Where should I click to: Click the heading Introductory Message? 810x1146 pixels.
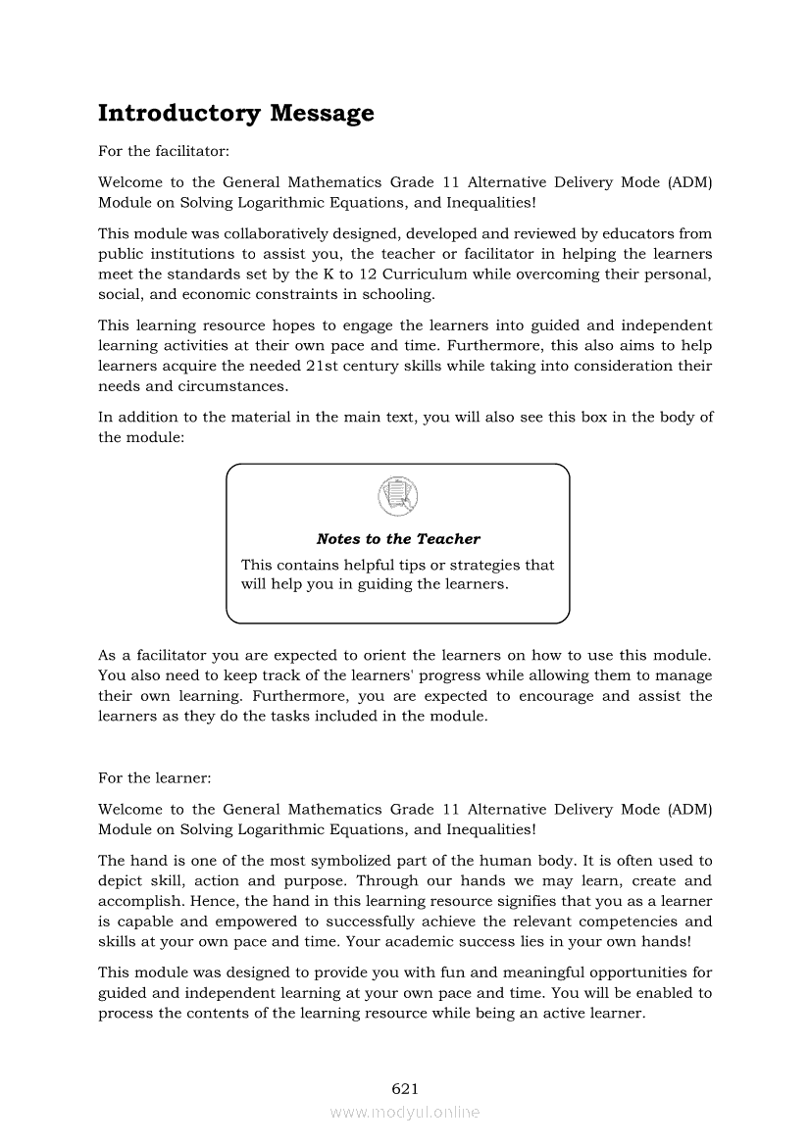pyautogui.click(x=235, y=114)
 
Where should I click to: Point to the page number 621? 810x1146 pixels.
pyautogui.click(x=405, y=1088)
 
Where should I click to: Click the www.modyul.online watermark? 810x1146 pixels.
pyautogui.click(x=405, y=1112)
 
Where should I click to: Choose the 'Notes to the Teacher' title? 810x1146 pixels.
pyautogui.click(x=398, y=539)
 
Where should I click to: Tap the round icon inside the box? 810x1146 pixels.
pyautogui.click(x=397, y=495)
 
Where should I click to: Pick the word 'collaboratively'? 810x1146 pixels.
pyautogui.click(x=274, y=233)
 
